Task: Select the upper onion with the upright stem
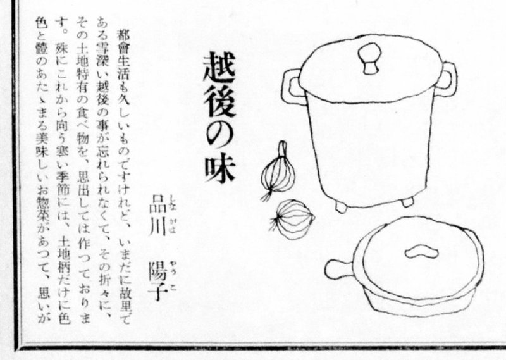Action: (279, 171)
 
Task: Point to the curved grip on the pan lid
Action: (421, 252)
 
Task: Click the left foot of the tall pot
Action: (341, 207)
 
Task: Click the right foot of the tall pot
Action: (407, 202)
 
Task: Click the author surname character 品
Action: (157, 203)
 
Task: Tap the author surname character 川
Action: (157, 227)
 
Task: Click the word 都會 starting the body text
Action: (123, 43)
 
